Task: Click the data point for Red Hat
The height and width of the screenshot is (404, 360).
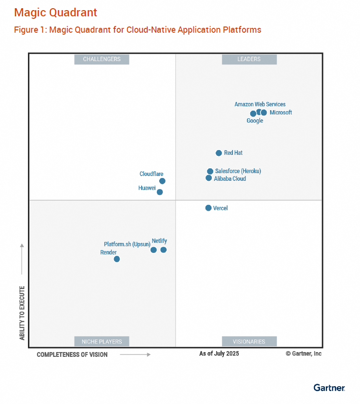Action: pos(219,153)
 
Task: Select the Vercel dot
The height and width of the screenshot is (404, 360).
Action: pos(208,208)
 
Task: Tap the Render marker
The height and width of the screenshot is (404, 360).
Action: pos(116,259)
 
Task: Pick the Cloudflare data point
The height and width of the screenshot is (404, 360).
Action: pos(162,181)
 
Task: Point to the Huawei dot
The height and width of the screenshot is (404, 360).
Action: pos(160,192)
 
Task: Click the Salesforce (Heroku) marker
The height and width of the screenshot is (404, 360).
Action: pos(210,171)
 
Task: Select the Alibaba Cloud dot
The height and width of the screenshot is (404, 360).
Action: pos(208,178)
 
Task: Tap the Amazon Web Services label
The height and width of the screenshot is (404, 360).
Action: pos(260,104)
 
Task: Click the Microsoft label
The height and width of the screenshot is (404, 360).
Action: pos(281,113)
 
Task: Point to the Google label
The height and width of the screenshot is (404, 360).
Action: pos(255,121)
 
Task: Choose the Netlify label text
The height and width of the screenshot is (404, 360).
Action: pos(159,240)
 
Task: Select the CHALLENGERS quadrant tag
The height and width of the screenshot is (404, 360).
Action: pos(102,59)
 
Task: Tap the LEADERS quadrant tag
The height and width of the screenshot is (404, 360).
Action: pos(249,59)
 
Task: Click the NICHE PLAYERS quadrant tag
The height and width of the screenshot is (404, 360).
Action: pos(102,341)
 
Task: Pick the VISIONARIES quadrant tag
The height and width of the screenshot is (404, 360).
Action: pos(249,341)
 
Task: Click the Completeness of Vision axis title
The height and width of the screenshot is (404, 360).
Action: pos(72,354)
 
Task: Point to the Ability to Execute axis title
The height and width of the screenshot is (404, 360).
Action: pos(22,313)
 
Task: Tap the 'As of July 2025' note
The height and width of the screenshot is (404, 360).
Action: pos(219,353)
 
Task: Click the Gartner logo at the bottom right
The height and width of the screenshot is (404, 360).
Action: pos(329,388)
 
